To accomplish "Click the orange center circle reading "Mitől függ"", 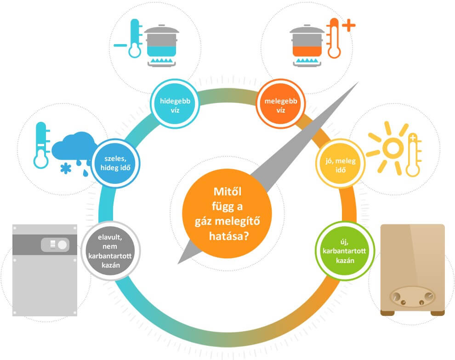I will (227, 213).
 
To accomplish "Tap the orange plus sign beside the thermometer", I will (348, 26).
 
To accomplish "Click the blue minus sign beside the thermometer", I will (120, 45).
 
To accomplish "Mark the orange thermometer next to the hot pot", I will (333, 39).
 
